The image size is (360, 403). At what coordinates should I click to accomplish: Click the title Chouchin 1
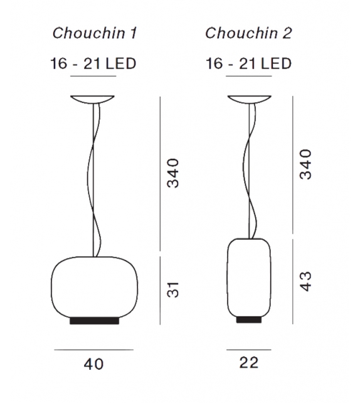[x=94, y=34]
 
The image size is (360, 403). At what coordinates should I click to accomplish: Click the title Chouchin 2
[x=248, y=34]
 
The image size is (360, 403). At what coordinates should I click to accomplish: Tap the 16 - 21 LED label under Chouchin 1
[x=94, y=63]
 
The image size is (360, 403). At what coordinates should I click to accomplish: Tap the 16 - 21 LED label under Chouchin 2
[x=248, y=63]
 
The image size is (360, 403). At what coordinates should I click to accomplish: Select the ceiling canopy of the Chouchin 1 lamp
[x=94, y=100]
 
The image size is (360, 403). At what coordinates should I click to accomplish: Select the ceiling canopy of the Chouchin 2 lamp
[x=248, y=100]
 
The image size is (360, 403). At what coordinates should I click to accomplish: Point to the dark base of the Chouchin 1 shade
[x=93, y=321]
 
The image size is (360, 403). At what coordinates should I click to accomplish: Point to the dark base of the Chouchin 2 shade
[x=248, y=320]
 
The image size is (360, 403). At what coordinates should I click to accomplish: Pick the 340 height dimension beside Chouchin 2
[x=305, y=164]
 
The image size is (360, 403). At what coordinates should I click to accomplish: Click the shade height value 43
[x=305, y=281]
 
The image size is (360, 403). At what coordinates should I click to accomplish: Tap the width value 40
[x=93, y=363]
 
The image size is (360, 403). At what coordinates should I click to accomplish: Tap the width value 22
[x=248, y=362]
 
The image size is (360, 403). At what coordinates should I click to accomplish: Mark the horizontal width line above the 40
[x=93, y=348]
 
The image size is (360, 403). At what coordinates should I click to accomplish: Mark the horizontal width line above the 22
[x=248, y=348]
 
